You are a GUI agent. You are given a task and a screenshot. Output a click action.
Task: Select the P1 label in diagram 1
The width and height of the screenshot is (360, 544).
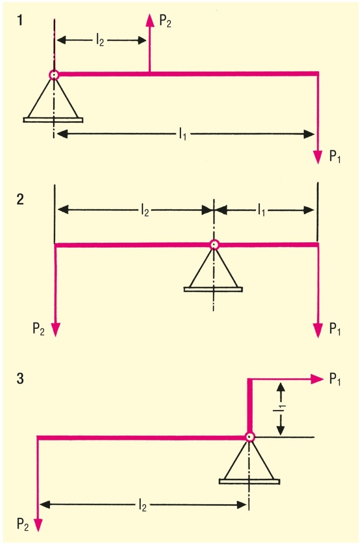tap(335, 158)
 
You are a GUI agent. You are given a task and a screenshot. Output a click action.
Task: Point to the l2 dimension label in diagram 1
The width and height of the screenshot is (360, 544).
tap(100, 40)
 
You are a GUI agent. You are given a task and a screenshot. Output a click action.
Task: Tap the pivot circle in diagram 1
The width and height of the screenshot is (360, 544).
tap(54, 75)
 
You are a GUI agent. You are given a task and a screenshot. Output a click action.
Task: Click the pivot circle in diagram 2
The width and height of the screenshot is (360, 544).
tap(214, 244)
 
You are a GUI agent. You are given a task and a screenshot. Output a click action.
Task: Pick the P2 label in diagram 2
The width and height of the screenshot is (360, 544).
tap(39, 330)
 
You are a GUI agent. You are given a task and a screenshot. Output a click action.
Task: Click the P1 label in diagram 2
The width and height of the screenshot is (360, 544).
tap(335, 330)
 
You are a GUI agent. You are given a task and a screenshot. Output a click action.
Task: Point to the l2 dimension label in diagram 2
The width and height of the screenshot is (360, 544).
tap(144, 210)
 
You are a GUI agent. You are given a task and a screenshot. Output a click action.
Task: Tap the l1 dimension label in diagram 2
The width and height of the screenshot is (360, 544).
tap(262, 210)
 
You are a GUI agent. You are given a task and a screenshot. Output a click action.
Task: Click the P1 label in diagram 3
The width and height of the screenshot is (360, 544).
tap(335, 379)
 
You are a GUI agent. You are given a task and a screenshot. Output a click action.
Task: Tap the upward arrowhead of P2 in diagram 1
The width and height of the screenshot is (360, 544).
tap(149, 20)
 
